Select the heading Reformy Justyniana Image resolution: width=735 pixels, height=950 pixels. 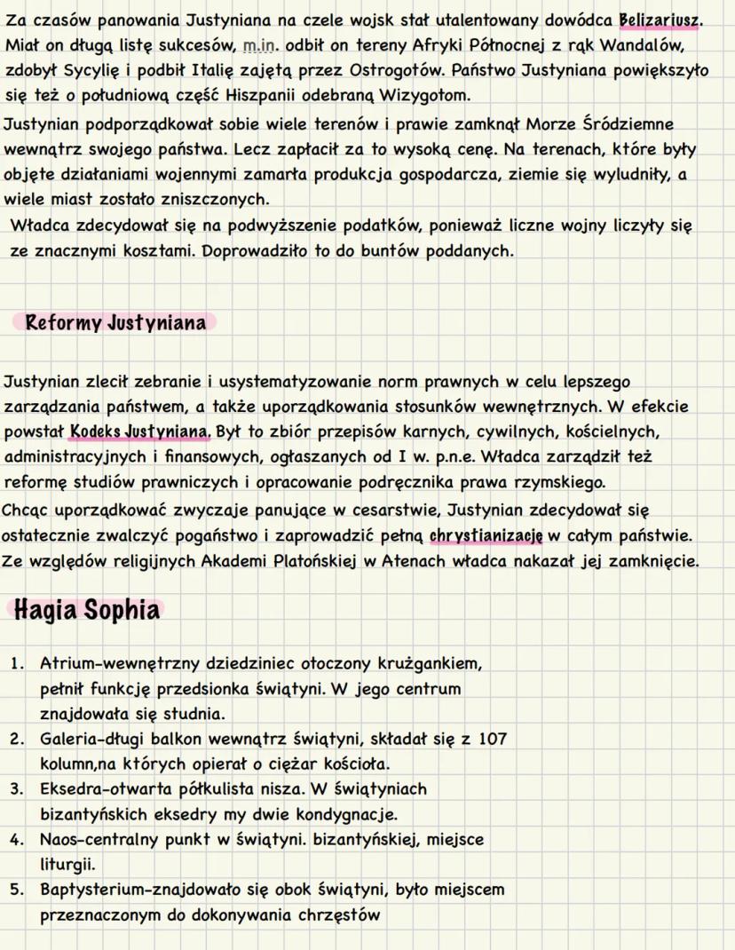click(115, 321)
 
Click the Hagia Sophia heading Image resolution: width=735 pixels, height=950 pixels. click(87, 611)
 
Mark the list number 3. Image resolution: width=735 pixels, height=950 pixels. click(17, 788)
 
